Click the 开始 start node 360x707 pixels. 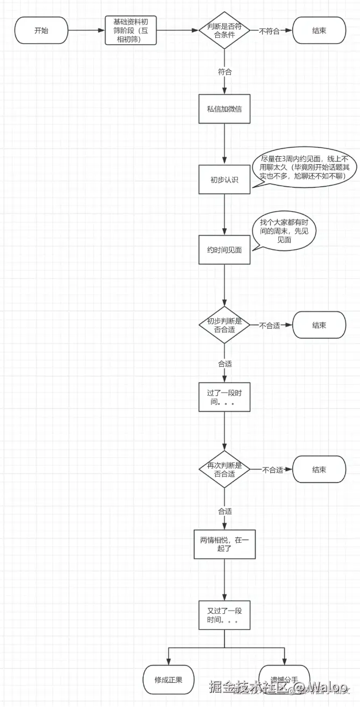[x=41, y=31]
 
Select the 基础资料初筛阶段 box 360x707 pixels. [x=131, y=30]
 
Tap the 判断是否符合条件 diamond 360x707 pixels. [x=224, y=31]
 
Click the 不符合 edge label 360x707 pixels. [x=269, y=31]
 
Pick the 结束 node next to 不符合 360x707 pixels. [x=319, y=31]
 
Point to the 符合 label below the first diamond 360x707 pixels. [x=225, y=72]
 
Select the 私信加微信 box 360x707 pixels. [x=224, y=109]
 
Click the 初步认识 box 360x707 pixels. [x=224, y=179]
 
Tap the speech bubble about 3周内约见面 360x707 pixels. [x=305, y=169]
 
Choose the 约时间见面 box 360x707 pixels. [x=224, y=249]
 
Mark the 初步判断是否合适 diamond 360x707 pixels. [x=224, y=325]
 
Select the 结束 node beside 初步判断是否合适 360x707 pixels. [x=319, y=325]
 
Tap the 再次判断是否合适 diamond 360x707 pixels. [x=224, y=470]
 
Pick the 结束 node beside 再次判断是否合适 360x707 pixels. [x=319, y=470]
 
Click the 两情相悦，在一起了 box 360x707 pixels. [x=224, y=544]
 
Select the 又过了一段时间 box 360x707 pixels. [x=224, y=616]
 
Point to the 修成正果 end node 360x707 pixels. [x=168, y=680]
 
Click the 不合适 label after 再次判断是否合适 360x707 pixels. [x=273, y=470]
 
